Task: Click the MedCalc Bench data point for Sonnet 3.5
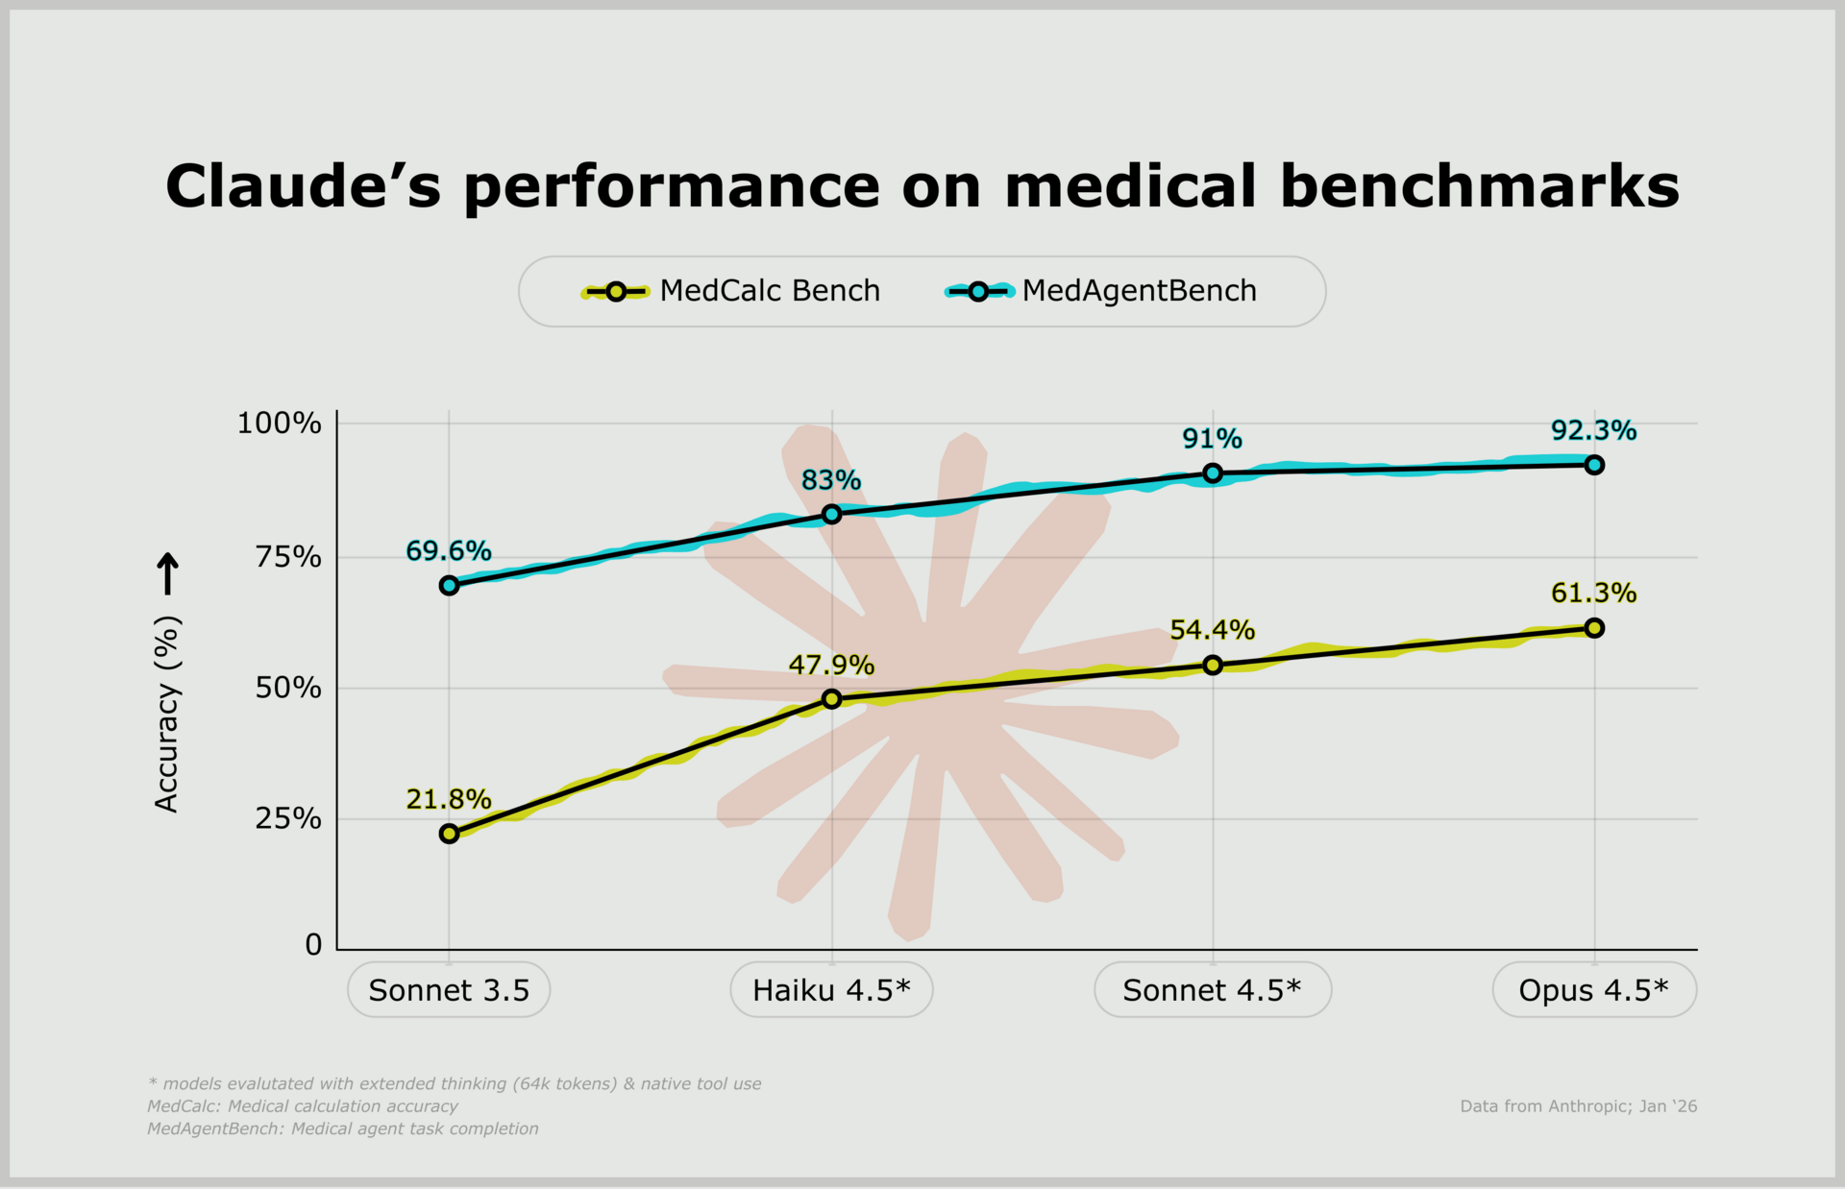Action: click(449, 834)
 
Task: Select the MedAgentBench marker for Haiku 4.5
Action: click(832, 514)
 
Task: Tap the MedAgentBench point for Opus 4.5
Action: click(1594, 465)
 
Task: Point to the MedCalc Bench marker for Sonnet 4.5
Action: click(1213, 665)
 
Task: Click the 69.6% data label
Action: click(448, 551)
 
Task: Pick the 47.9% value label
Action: click(831, 665)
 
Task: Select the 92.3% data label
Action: click(1593, 430)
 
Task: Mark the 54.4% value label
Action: click(1212, 630)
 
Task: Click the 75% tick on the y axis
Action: click(287, 557)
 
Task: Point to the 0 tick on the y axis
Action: click(313, 945)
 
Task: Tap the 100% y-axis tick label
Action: click(279, 424)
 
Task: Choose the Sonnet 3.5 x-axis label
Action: click(449, 990)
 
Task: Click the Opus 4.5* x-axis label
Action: click(1593, 990)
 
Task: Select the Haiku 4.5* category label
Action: click(831, 990)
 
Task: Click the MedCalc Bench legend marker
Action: click(616, 291)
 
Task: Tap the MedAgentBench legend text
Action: click(1139, 291)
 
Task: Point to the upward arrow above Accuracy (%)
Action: click(168, 573)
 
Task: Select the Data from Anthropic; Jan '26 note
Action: click(1578, 1106)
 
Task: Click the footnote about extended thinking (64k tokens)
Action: click(455, 1083)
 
